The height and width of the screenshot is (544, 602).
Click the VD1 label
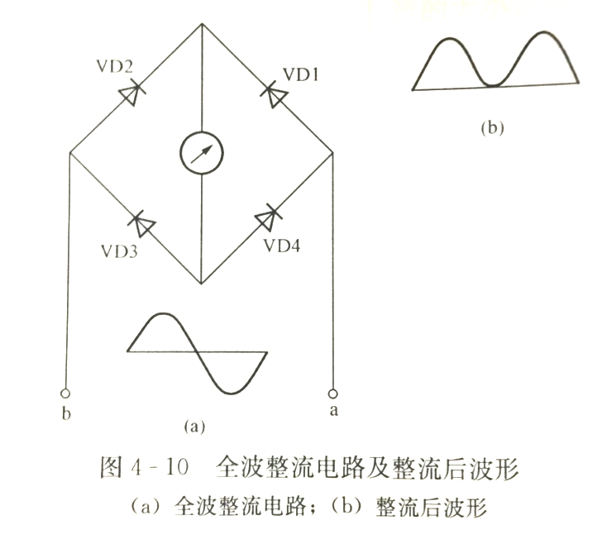tap(302, 74)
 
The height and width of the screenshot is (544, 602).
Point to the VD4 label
tap(285, 246)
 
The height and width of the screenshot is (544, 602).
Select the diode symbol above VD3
tap(144, 222)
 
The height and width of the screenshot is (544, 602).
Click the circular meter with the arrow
tap(203, 153)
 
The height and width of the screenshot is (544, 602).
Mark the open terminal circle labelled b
tap(66, 394)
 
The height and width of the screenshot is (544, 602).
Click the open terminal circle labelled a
tap(333, 393)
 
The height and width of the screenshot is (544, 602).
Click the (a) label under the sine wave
tap(193, 427)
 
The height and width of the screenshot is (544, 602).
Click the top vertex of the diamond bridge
tap(203, 25)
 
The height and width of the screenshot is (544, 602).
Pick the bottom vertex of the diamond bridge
tap(203, 284)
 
